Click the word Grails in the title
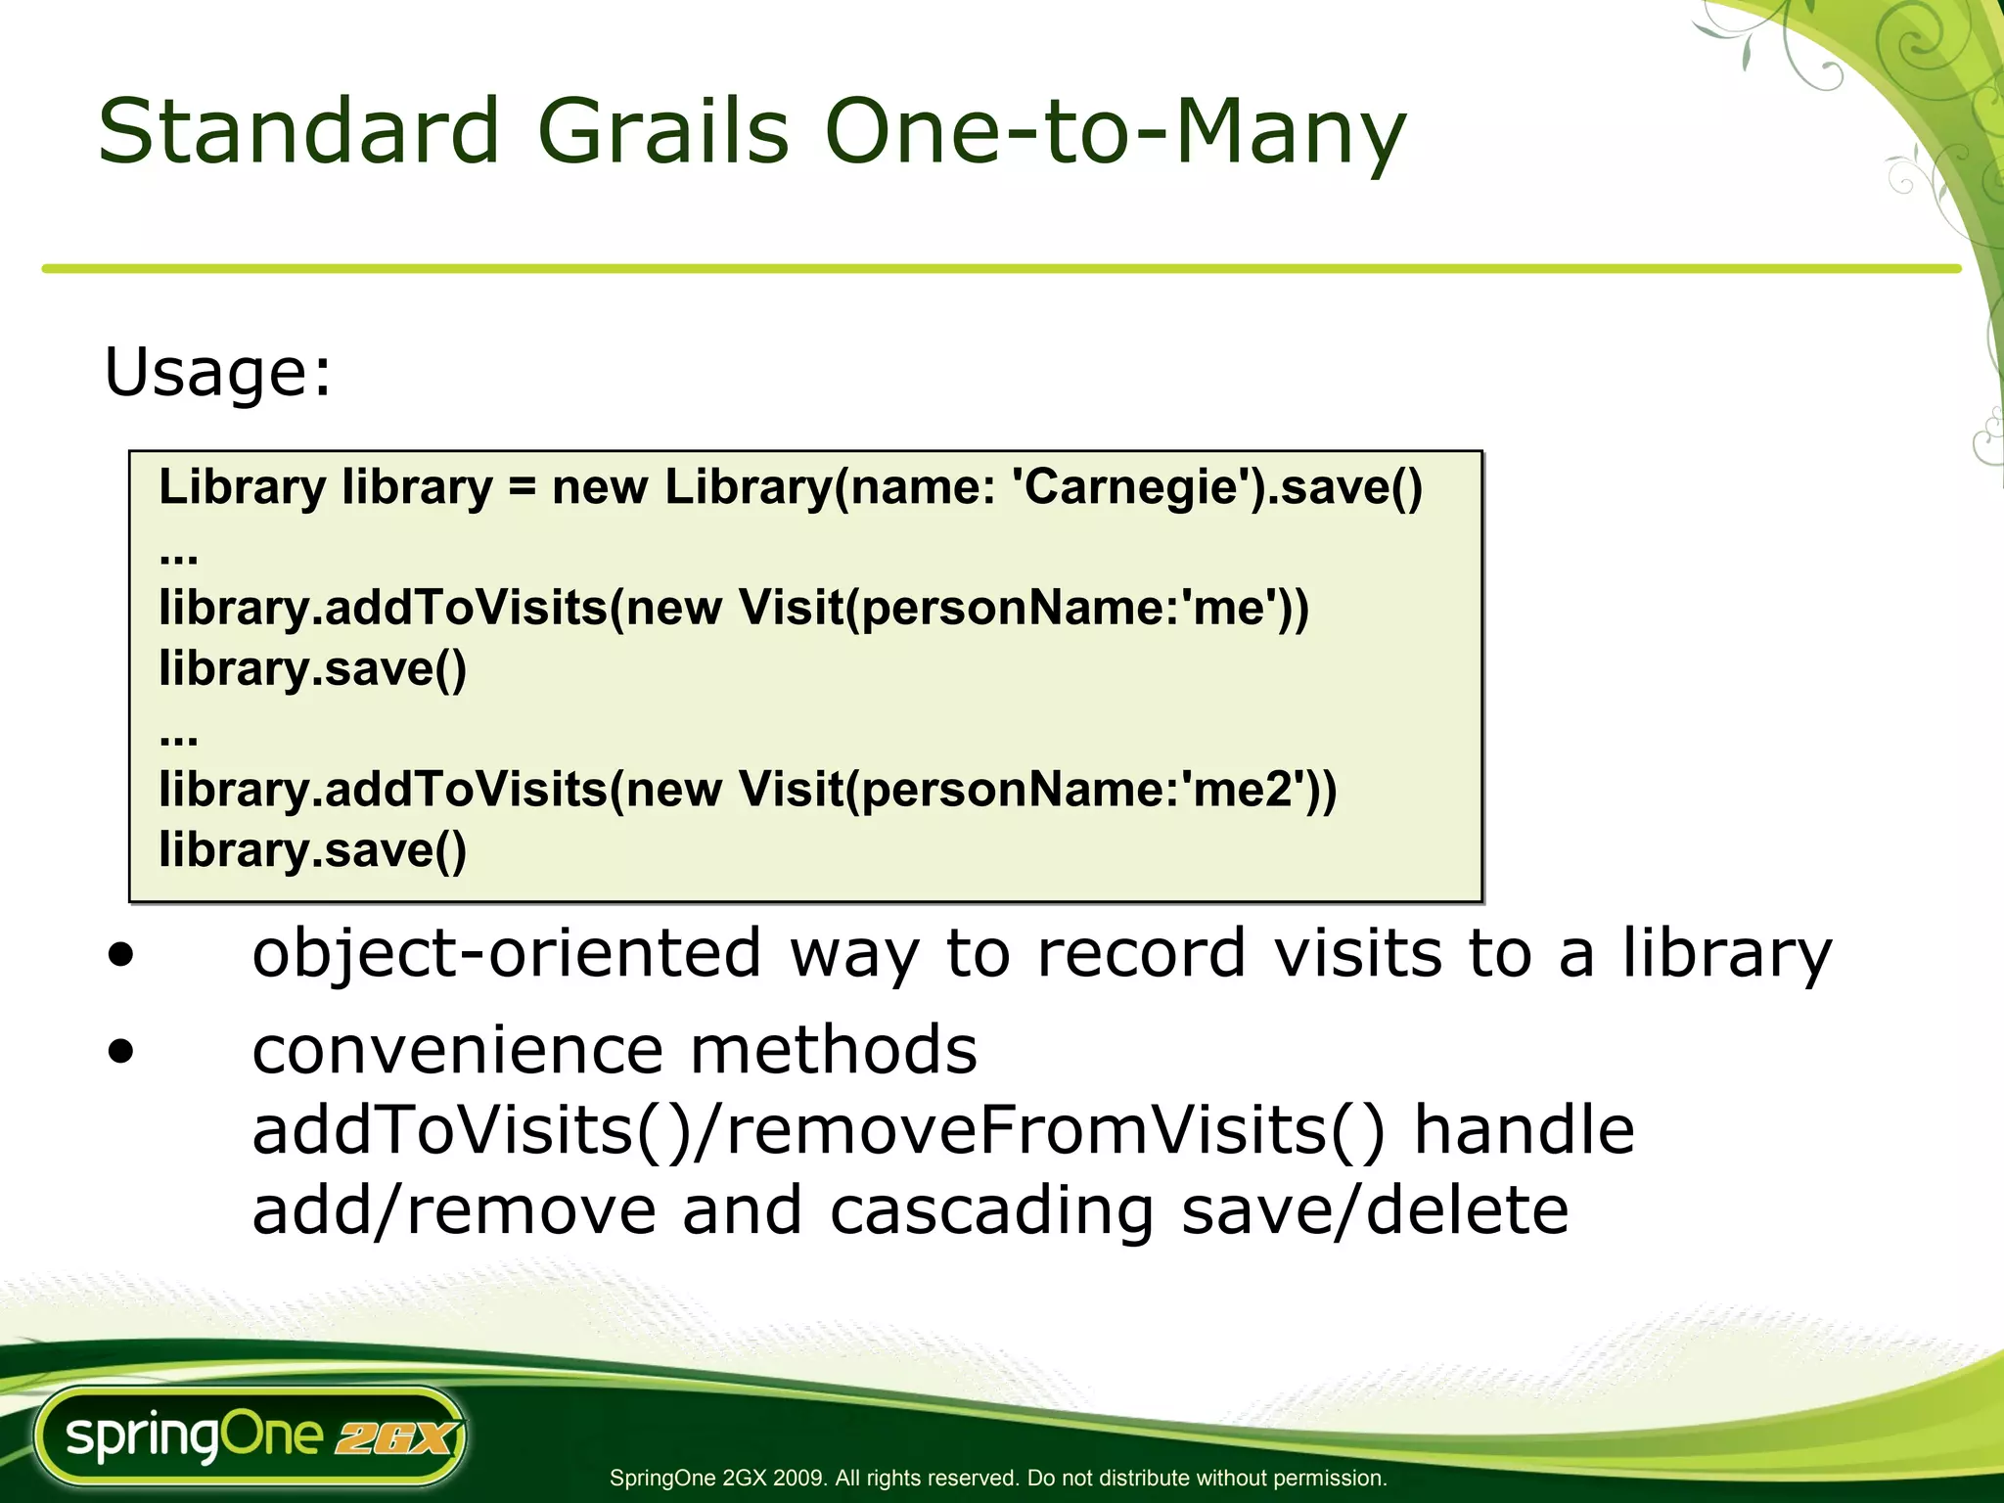662,132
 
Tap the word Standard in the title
298,132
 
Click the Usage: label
218,373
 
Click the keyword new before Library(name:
600,487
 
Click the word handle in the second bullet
1524,1131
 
